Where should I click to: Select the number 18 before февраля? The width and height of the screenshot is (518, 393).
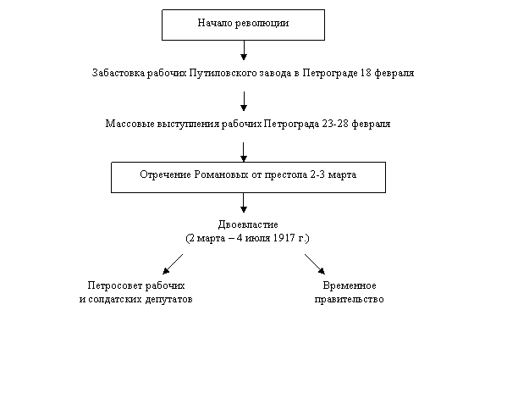click(366, 72)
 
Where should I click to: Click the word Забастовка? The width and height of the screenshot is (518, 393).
click(118, 72)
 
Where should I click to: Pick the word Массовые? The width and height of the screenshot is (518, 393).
click(129, 124)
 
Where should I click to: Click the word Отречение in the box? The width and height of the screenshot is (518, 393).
click(165, 174)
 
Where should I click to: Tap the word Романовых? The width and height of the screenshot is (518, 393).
click(221, 174)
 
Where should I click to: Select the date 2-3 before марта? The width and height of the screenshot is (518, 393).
click(317, 174)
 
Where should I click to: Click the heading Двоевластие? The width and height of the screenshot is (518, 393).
click(248, 224)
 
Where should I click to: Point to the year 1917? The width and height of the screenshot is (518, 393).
click(284, 238)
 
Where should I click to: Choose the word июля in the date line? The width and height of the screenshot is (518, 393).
click(257, 238)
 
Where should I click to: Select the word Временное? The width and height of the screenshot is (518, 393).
click(350, 285)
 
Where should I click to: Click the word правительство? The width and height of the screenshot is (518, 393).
click(349, 300)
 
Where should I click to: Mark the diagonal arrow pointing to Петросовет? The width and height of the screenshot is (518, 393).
click(173, 264)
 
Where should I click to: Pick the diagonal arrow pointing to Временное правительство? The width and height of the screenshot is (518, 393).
click(315, 264)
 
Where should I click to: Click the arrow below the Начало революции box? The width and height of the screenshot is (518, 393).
click(244, 50)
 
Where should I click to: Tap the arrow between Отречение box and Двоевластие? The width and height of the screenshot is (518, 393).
click(244, 202)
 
